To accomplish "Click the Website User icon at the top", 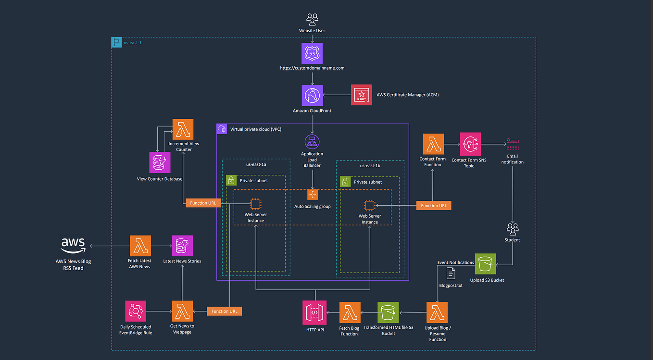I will pos(312,19).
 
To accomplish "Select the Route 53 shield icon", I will pos(312,53).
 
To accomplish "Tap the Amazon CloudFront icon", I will pos(312,95).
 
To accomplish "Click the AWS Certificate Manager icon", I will pos(362,95).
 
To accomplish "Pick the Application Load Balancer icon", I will pos(312,141).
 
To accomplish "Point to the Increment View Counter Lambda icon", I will pos(183,129).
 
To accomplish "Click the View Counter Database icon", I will pos(159,163).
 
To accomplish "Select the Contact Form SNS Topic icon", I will pos(470,143).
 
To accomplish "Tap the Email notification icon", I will pos(513,144).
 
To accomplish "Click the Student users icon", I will pos(513,228).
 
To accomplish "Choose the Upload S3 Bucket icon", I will pos(485,264).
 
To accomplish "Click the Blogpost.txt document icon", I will pos(451,273).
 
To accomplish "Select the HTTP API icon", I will pos(314,312).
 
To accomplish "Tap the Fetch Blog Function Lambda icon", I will pos(350,312).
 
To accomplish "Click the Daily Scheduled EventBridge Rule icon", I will pos(136,311).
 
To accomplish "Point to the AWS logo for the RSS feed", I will pos(73,245).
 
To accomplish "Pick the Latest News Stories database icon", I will pos(182,246).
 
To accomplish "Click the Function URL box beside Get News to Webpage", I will pos(224,311).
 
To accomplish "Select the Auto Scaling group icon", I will pos(313,195).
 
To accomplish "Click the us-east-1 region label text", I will pos(133,43).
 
